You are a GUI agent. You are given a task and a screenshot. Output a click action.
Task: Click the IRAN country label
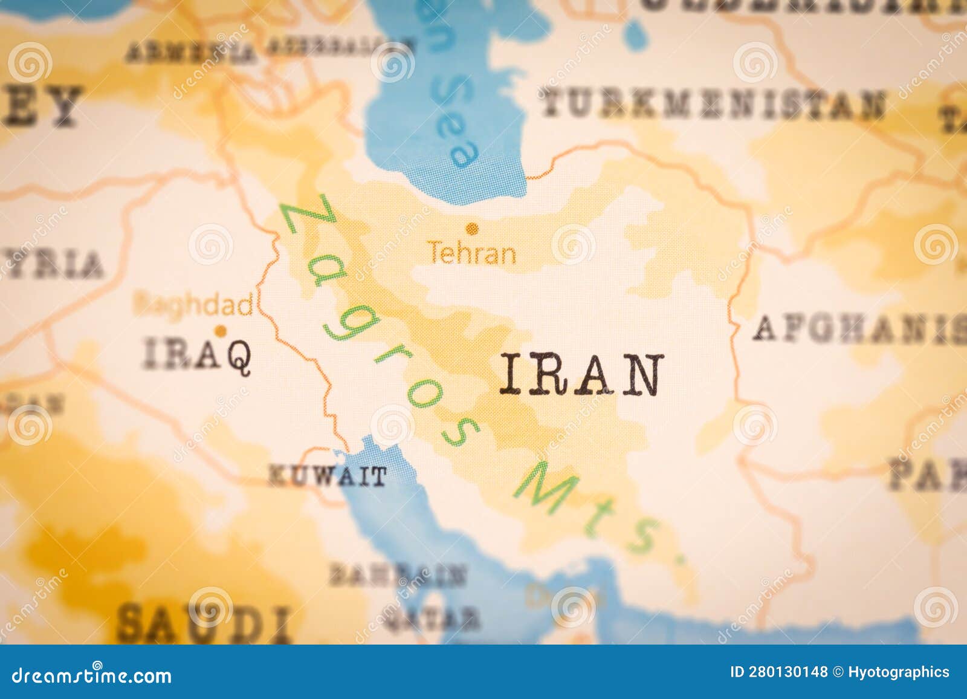[x=581, y=375]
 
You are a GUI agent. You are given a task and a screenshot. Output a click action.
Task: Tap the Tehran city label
[x=471, y=253]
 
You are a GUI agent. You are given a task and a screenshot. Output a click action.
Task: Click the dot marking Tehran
[x=472, y=228]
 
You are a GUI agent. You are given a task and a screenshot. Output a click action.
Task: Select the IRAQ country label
[x=197, y=354]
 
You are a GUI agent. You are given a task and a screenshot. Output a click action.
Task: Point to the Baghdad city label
[x=193, y=305]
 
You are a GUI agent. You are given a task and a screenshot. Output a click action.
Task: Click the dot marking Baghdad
[x=221, y=331]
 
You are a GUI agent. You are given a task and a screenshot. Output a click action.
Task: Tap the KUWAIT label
[x=327, y=476]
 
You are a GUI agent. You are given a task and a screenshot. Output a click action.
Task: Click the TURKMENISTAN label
[x=713, y=105]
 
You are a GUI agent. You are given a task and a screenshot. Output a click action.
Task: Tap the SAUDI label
[x=202, y=623]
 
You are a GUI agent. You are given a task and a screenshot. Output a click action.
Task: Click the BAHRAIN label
[x=398, y=575]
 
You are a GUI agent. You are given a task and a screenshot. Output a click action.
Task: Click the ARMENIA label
[x=191, y=53]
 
